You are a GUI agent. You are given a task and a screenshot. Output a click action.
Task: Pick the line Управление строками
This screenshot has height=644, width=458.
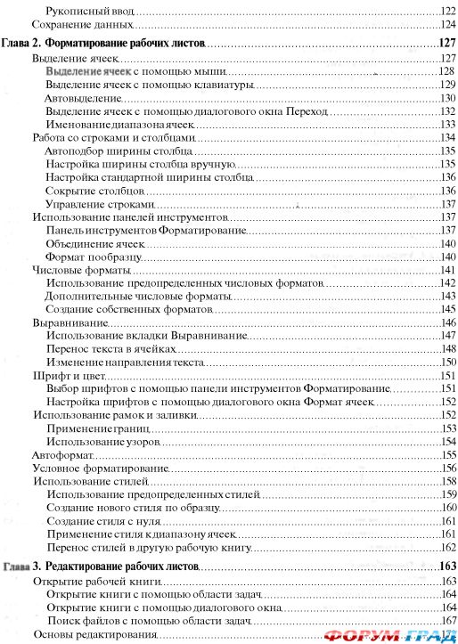pos(94,204)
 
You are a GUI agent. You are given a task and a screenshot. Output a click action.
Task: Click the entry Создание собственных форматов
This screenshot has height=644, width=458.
pos(129,309)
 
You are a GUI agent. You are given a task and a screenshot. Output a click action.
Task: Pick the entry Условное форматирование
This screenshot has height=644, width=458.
pos(87,469)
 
